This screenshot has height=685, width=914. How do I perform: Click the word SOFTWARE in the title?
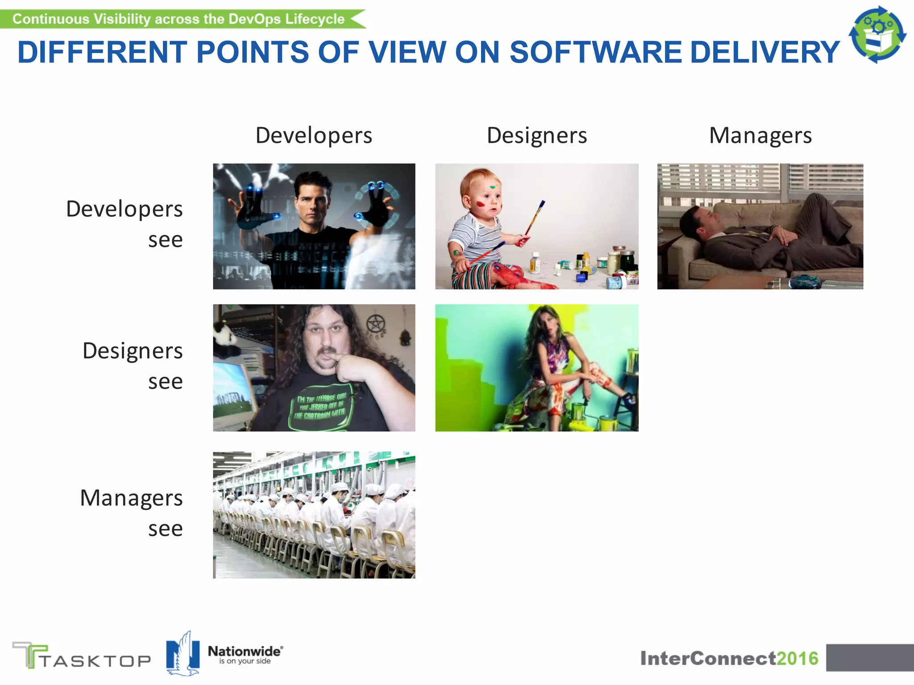(x=596, y=52)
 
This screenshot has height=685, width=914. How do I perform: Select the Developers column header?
(x=314, y=136)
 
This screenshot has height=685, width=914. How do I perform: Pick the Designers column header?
(x=537, y=136)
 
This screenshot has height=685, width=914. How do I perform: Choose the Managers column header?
(x=760, y=136)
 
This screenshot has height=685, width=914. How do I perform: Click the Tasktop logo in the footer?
(x=82, y=656)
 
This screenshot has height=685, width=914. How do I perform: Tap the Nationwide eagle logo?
(x=183, y=653)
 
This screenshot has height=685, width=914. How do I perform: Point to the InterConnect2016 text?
(x=729, y=658)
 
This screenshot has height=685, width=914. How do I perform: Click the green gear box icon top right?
(x=877, y=35)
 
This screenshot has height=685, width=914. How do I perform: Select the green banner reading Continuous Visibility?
(x=179, y=19)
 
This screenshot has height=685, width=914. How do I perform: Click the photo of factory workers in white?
(x=314, y=515)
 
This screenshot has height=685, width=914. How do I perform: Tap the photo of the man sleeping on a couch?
(x=760, y=227)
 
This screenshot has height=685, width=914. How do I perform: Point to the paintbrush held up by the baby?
(x=535, y=219)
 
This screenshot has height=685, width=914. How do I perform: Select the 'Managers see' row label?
(x=131, y=513)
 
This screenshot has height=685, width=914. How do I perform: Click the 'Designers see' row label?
(x=133, y=366)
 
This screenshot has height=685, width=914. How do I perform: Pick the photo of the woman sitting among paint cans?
(x=537, y=368)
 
